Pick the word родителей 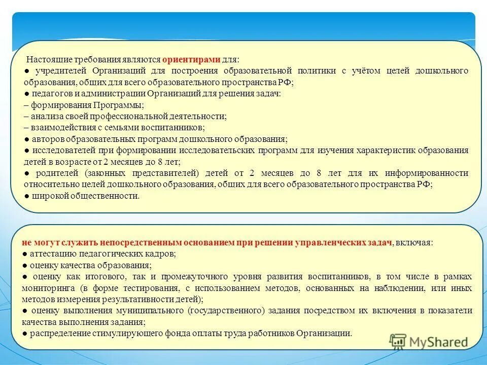coord(50,173)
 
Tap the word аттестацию coord(52,253)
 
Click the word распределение coord(60,333)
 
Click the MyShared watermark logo coord(429,342)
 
